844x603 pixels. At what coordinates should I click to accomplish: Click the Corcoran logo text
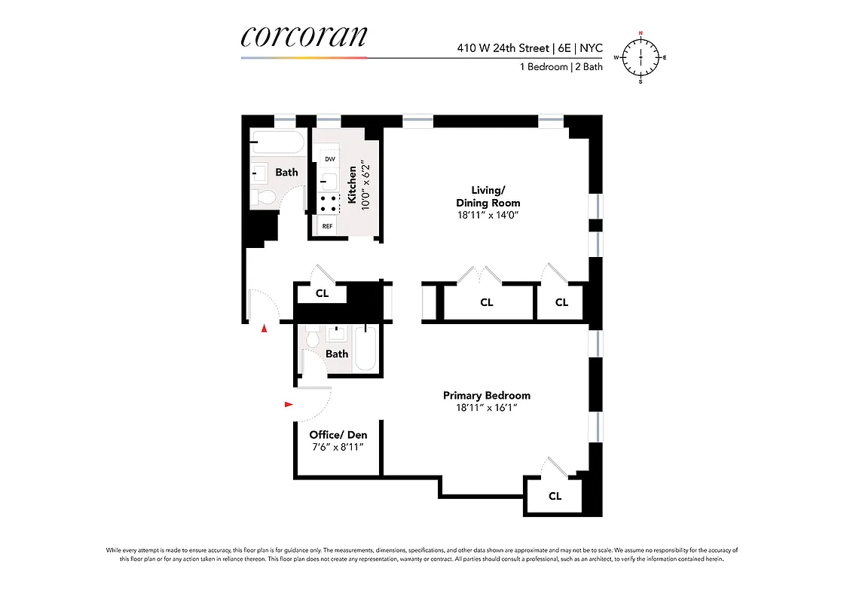tap(304, 38)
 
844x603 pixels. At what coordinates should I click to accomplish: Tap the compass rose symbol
tap(641, 57)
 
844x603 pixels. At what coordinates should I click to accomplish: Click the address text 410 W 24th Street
tap(503, 48)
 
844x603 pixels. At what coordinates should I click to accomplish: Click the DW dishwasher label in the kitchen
tap(329, 159)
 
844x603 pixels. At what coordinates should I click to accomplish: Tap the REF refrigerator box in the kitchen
tap(328, 226)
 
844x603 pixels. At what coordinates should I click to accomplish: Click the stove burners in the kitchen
tap(329, 201)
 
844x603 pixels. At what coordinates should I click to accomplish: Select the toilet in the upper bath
tap(265, 197)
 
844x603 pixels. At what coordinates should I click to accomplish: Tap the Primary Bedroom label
tap(486, 396)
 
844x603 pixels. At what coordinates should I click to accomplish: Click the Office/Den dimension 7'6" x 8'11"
tap(338, 447)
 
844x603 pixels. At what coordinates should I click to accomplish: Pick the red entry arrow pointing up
tap(264, 329)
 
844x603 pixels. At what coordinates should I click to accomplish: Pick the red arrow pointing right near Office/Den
tap(289, 405)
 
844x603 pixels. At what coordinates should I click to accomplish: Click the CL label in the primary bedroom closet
tap(555, 496)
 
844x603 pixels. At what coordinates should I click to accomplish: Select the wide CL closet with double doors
tap(487, 302)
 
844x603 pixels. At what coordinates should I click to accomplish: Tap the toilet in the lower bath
tap(314, 339)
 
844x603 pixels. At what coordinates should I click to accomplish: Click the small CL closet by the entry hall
tap(322, 294)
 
